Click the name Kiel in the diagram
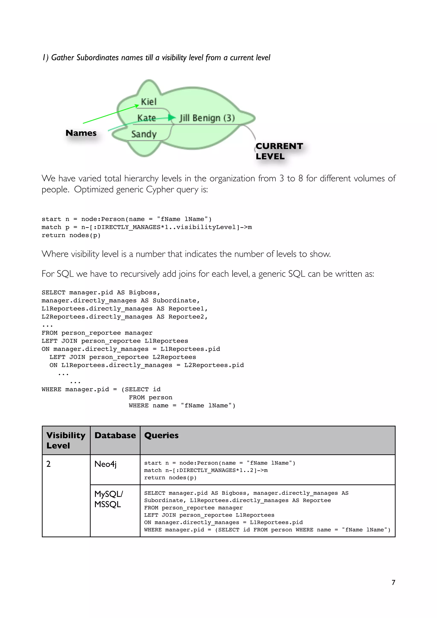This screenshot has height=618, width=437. coord(149,102)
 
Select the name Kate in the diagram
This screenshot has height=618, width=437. coord(146,118)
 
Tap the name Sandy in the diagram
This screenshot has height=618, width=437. coord(144,134)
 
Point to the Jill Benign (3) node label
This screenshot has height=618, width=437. coord(207,118)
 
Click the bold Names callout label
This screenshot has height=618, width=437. coord(81,133)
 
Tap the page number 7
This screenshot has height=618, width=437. coord(393,582)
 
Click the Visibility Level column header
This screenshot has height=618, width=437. coord(66,440)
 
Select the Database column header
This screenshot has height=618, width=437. coord(115,435)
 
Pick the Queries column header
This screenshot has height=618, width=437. coord(161,435)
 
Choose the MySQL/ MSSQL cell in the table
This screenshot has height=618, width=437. coord(109,499)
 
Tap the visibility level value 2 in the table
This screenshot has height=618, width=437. coord(48,464)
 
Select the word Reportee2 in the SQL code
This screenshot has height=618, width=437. coord(186,317)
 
